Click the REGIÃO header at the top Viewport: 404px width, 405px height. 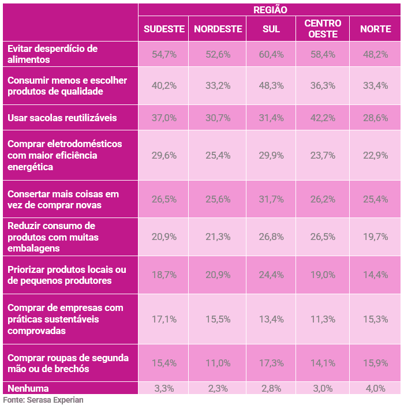point(270,10)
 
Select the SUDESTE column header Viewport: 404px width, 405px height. point(164,29)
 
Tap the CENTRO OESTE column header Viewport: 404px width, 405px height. point(323,29)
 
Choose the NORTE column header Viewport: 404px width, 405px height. point(375,29)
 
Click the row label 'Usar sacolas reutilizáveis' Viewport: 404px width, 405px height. point(62,118)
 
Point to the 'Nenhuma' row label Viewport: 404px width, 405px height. point(28,388)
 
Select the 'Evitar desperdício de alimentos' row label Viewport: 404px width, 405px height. point(53,54)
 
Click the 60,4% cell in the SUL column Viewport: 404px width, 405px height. point(271,54)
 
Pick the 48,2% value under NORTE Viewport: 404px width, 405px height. point(375,54)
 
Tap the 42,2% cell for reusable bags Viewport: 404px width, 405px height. point(323,118)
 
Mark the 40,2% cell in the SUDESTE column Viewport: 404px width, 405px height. point(164,86)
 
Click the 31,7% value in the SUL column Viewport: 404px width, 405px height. point(271,199)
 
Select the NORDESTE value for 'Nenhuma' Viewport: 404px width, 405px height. point(218,388)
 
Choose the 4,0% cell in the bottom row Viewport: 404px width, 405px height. point(375,388)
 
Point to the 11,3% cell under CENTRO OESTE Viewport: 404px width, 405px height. point(323,319)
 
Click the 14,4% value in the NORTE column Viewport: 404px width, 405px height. point(375,275)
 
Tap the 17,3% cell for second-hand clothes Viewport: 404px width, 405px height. point(271,363)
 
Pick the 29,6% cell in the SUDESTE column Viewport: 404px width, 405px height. point(164,155)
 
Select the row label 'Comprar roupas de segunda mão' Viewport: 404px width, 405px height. point(68,363)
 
